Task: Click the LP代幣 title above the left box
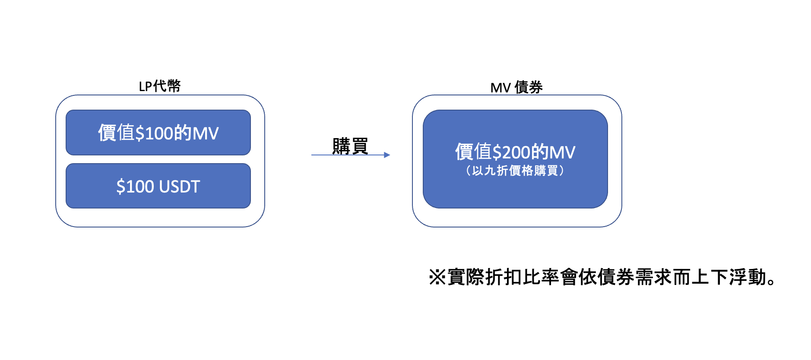159,86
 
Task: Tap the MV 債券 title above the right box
516,88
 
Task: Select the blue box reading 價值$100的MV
158,133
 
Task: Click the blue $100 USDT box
158,186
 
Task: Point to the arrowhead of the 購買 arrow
387,155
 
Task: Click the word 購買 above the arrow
350,146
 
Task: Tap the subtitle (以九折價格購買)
515,171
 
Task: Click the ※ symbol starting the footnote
437,277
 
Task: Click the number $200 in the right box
511,152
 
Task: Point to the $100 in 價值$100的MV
154,133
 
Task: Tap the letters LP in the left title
145,86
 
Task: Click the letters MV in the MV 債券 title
501,88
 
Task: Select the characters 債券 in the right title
529,88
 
